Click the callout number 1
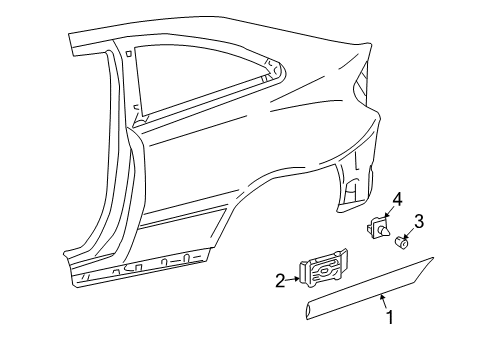389,317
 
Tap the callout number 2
281,280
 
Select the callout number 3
418,221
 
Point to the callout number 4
397,200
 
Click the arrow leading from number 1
383,301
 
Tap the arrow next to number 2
293,279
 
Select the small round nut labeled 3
401,242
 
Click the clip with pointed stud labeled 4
378,227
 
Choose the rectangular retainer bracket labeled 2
323,268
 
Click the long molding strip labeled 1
369,288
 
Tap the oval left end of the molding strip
309,311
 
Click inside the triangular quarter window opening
187,78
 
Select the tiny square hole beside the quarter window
129,53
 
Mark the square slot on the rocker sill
139,266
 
